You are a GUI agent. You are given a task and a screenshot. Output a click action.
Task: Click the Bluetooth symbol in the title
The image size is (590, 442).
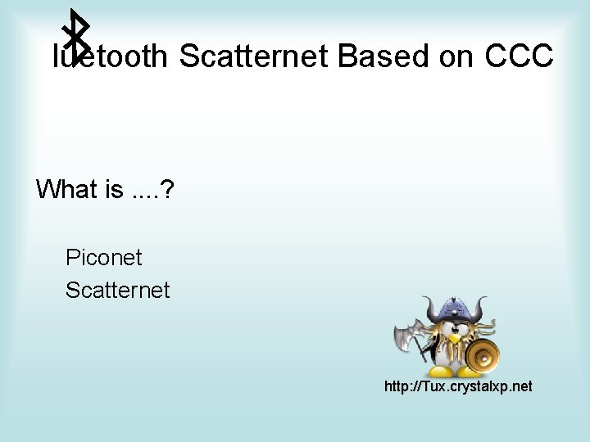point(78,37)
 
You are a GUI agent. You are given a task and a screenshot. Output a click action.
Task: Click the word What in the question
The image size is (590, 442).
point(67,189)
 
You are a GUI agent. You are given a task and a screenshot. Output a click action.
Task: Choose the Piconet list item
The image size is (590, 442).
point(104,258)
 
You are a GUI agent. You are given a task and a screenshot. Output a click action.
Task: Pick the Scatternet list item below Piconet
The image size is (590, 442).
point(118,289)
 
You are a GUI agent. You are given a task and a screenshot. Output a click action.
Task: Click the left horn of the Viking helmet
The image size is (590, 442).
point(427,309)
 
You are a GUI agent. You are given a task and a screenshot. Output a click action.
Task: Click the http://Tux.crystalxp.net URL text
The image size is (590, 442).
point(458,385)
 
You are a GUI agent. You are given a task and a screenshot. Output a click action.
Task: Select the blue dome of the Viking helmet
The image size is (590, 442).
point(455,310)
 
